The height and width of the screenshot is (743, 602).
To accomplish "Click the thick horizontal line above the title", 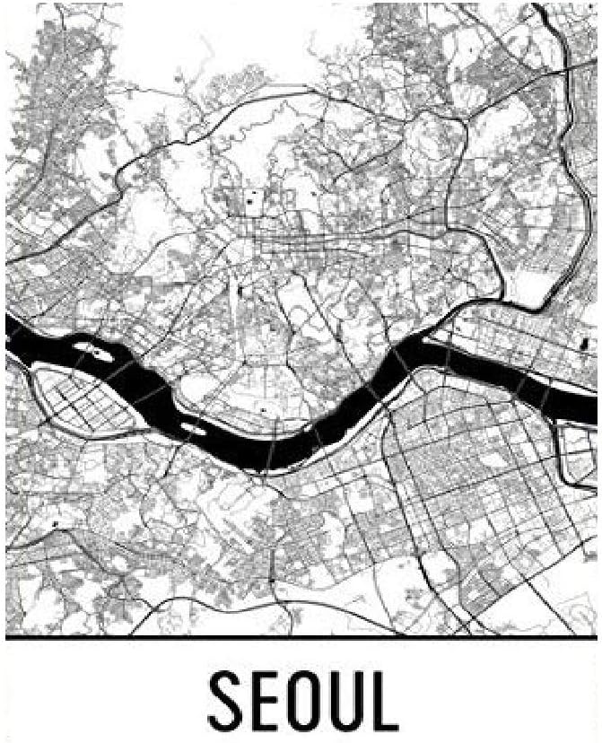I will [x=301, y=638].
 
